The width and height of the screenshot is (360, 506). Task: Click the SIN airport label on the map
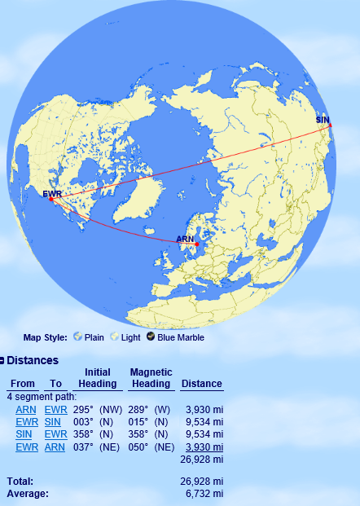click(324, 120)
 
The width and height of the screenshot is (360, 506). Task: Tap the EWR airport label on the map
click(51, 193)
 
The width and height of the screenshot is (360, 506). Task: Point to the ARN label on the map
click(185, 239)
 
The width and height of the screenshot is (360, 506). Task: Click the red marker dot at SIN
click(330, 125)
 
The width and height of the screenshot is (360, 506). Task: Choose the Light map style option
click(130, 337)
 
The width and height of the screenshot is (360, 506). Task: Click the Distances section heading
click(33, 360)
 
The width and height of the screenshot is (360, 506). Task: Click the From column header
click(23, 384)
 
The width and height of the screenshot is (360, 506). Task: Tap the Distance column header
click(201, 384)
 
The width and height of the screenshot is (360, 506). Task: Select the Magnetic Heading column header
click(151, 378)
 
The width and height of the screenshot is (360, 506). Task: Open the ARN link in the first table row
click(26, 409)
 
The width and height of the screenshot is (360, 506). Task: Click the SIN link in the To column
click(53, 422)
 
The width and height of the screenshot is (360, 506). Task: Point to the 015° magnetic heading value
click(138, 422)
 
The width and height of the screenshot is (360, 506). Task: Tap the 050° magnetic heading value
click(138, 447)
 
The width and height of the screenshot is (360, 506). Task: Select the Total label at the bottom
click(20, 482)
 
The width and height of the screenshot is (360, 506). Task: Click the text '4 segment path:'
click(42, 397)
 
